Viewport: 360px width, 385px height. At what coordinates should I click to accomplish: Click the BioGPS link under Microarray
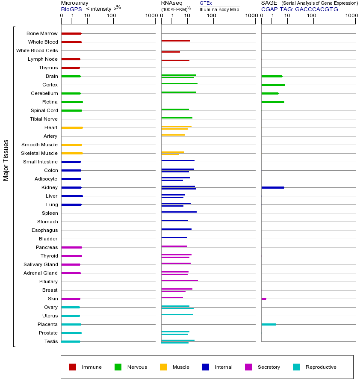71,9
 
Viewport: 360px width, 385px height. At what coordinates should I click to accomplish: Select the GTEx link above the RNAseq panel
206,3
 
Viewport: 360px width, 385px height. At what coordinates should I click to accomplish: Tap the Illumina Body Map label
219,9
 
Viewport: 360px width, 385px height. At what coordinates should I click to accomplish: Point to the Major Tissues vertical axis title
6,160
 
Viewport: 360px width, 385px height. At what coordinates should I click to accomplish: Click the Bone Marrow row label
42,33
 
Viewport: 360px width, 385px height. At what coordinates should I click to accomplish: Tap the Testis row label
51,341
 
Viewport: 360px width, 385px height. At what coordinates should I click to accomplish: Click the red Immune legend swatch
73,367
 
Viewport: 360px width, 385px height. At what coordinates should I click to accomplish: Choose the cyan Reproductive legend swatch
296,367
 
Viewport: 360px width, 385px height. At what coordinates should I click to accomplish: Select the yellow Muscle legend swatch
163,367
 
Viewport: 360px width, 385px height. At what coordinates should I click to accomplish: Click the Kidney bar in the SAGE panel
272,187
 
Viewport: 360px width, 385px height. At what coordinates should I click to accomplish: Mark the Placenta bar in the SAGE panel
269,324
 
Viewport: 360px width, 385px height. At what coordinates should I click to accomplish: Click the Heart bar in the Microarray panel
72,127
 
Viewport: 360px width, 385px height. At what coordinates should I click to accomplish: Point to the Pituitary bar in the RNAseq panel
180,280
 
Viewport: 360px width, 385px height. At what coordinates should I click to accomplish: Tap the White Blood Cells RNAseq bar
171,52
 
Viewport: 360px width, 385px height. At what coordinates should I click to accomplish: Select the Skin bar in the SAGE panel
264,299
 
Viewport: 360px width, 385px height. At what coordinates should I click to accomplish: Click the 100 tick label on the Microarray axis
112,16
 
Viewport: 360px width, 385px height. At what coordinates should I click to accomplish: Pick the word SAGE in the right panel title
268,3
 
